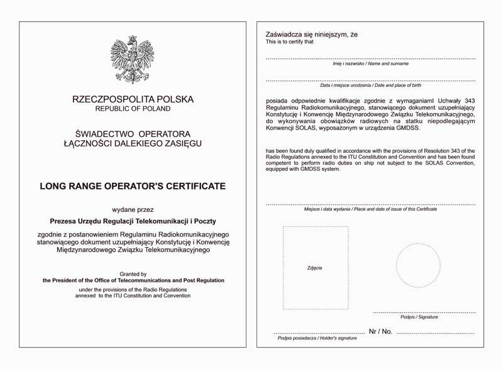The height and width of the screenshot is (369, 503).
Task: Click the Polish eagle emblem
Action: pos(133,60)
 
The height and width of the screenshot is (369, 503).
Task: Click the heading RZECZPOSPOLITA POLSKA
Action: pos(133,99)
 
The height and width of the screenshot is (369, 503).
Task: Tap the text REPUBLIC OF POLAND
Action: pos(133,109)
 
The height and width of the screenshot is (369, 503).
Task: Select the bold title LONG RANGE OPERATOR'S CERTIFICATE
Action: pos(133,186)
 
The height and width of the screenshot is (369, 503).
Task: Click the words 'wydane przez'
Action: pos(133,209)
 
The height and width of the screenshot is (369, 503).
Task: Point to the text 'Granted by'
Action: pos(133,274)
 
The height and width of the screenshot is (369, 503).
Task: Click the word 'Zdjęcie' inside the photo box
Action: pos(315,268)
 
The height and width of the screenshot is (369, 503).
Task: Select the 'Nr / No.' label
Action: pos(380,331)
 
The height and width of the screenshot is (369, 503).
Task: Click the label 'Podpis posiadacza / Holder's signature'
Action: pos(318,338)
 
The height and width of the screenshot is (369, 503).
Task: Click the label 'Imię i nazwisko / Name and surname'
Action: pos(370,63)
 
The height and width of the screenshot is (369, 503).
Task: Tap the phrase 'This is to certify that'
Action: pos(289,42)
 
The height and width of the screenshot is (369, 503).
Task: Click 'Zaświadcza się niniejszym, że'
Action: pos(312,35)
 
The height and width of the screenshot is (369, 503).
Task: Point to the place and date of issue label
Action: pos(370,209)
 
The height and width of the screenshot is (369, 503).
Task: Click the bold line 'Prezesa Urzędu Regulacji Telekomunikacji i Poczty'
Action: pos(133,221)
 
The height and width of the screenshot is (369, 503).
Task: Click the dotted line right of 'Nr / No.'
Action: pos(436,332)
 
